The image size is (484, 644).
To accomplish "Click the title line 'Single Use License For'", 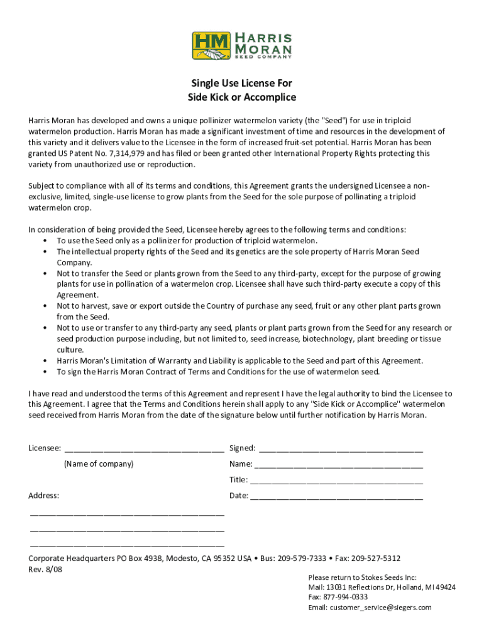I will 242,83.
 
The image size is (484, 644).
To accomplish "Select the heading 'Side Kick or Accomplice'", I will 242,97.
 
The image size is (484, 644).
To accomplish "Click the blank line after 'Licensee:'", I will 144,449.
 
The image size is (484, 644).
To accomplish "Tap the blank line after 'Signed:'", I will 341,449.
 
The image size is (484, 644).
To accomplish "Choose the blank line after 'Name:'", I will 339,465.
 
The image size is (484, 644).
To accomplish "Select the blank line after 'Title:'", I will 337,480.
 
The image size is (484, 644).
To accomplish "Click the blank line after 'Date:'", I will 337,496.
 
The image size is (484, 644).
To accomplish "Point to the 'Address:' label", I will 44,496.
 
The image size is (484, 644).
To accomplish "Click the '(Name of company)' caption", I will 99,464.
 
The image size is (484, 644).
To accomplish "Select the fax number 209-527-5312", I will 376,558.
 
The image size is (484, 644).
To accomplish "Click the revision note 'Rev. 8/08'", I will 45,569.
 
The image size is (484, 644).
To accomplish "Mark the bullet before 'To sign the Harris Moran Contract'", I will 45,372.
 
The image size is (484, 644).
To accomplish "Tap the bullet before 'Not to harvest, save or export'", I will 45,306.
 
